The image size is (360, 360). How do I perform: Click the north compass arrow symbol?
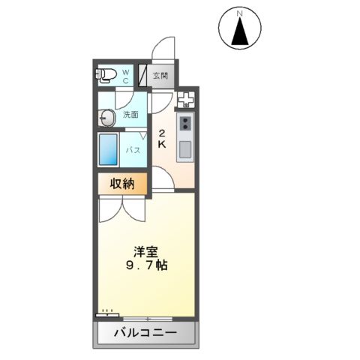[240, 32]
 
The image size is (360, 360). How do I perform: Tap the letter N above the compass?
[240, 13]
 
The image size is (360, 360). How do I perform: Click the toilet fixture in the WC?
[106, 73]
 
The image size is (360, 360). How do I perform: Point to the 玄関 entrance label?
[160, 76]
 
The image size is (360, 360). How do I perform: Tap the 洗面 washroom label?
[131, 115]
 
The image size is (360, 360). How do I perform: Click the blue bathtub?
[109, 149]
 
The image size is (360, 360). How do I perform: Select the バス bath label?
[133, 150]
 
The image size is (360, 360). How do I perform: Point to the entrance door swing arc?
[164, 47]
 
